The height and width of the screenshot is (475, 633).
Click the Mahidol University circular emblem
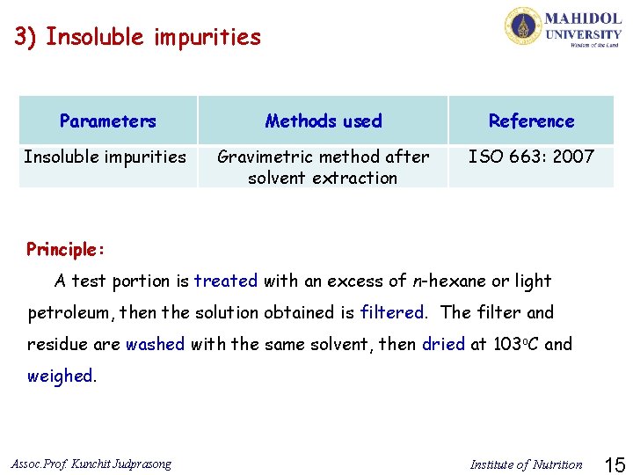point(523,26)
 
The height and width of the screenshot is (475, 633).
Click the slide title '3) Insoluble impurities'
point(138,37)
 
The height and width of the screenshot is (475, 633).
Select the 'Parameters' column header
point(108,121)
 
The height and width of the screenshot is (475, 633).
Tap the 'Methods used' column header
point(324,121)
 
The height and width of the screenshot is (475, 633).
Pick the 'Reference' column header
point(531,121)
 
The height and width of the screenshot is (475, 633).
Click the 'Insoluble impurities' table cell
point(105,157)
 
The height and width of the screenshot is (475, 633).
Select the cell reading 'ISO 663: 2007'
point(531,157)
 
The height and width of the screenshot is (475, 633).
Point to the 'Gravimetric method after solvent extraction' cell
point(323,167)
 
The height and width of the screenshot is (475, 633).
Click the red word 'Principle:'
point(66,249)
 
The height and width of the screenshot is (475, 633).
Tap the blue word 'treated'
point(226,281)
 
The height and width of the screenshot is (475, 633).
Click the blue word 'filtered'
point(392,312)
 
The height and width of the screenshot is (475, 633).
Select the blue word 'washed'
point(155,344)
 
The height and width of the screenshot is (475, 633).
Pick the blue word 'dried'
point(443,344)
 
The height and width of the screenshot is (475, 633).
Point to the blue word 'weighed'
point(60,376)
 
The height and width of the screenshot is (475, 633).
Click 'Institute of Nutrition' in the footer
point(526,464)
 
